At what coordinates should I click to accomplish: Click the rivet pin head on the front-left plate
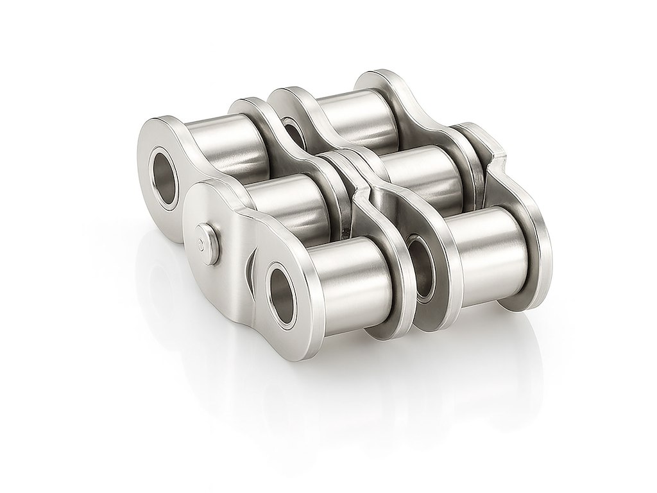(205, 243)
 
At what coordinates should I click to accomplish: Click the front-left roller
(346, 270)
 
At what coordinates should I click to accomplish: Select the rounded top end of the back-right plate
(385, 80)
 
